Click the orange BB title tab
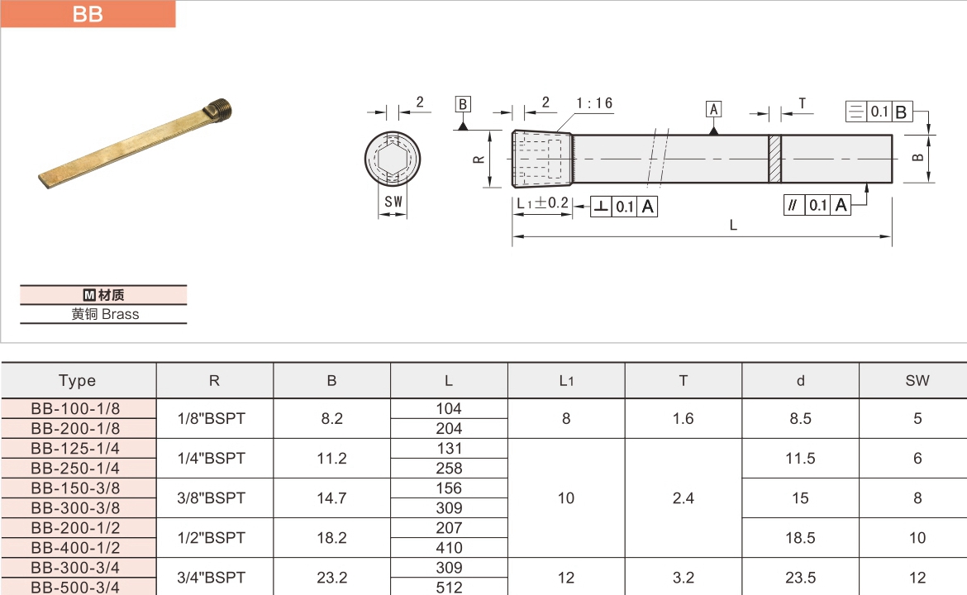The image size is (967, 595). tap(88, 14)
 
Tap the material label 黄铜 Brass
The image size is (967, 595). tap(104, 314)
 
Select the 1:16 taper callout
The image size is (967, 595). tap(594, 103)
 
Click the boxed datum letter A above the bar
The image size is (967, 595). tap(713, 109)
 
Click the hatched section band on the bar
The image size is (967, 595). tap(774, 159)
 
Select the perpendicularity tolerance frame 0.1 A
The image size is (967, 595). tap(624, 207)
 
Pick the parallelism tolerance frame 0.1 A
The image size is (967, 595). tap(817, 206)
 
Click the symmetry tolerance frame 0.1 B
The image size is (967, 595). tap(878, 112)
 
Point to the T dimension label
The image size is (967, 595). tap(802, 103)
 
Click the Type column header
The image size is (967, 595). tap(78, 381)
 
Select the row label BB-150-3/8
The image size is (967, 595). tap(75, 488)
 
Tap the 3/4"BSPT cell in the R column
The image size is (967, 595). tap(212, 578)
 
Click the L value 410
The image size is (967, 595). tap(449, 548)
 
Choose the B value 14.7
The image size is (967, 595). tap(331, 498)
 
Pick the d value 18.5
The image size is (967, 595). tap(800, 538)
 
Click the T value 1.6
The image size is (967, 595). tap(683, 419)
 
